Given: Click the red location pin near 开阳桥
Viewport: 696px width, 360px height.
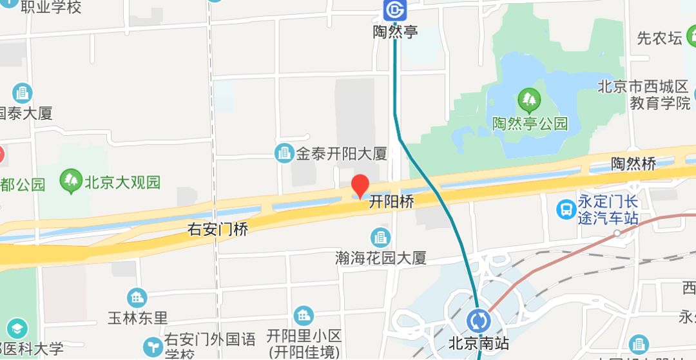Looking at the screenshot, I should [360, 185].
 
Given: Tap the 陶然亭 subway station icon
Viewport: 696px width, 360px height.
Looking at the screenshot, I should [394, 10].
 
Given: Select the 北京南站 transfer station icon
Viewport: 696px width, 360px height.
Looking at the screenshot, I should [479, 320].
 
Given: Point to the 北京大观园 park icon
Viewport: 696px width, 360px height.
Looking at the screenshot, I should [70, 182].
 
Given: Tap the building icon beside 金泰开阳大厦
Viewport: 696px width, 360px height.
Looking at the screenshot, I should [284, 153].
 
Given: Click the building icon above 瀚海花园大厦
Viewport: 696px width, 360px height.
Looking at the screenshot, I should [381, 237].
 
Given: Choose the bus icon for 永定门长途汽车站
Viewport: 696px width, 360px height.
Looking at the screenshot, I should [566, 209].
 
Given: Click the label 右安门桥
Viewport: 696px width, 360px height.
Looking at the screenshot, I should [217, 228].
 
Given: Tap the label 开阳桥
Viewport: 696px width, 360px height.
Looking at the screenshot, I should [391, 202].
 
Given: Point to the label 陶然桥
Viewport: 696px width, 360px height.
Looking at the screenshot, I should [633, 164].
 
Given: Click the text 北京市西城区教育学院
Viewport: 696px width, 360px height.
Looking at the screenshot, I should [644, 95].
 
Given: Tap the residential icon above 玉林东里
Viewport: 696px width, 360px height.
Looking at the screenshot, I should [137, 298].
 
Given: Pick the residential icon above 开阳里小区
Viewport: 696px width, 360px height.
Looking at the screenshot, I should [303, 316].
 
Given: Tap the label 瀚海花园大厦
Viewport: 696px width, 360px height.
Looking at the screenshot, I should [382, 259].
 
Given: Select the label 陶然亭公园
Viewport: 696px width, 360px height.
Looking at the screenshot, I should [530, 124].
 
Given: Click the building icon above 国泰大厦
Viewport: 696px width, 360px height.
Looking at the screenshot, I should [23, 93].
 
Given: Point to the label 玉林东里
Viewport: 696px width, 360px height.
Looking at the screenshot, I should [137, 318].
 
